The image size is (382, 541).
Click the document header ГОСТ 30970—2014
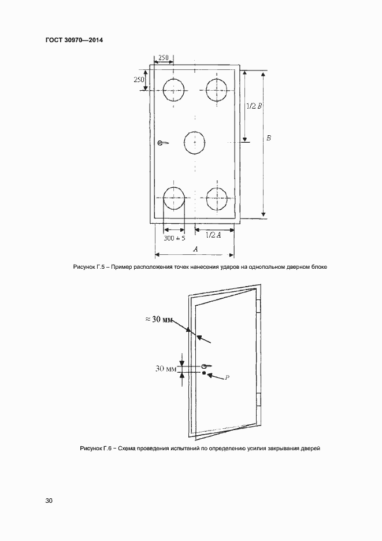[x=74, y=40]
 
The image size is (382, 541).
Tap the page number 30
[x=49, y=501]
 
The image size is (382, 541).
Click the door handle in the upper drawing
[x=163, y=143]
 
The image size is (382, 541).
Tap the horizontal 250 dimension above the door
[x=163, y=58]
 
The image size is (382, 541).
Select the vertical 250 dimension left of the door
[x=139, y=79]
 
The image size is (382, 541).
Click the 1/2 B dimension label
[x=254, y=106]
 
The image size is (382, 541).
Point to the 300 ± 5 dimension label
[x=175, y=238]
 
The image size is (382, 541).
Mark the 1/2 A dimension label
[x=213, y=235]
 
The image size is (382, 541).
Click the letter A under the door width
[x=195, y=249]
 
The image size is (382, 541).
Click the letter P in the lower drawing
[x=227, y=377]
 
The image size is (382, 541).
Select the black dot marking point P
[x=204, y=373]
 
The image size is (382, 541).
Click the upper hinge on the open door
[x=259, y=306]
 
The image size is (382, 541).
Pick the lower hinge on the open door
[x=259, y=399]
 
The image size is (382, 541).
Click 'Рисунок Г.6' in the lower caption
[x=95, y=449]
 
